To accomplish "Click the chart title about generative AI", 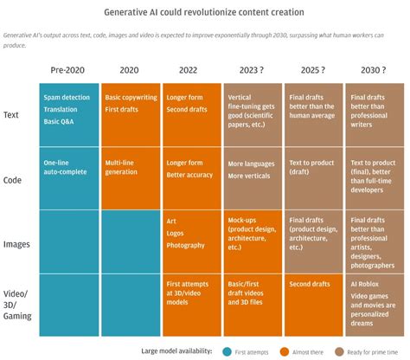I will click(204, 13).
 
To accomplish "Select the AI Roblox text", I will click(366, 282).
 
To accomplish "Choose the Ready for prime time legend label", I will click(378, 350).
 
